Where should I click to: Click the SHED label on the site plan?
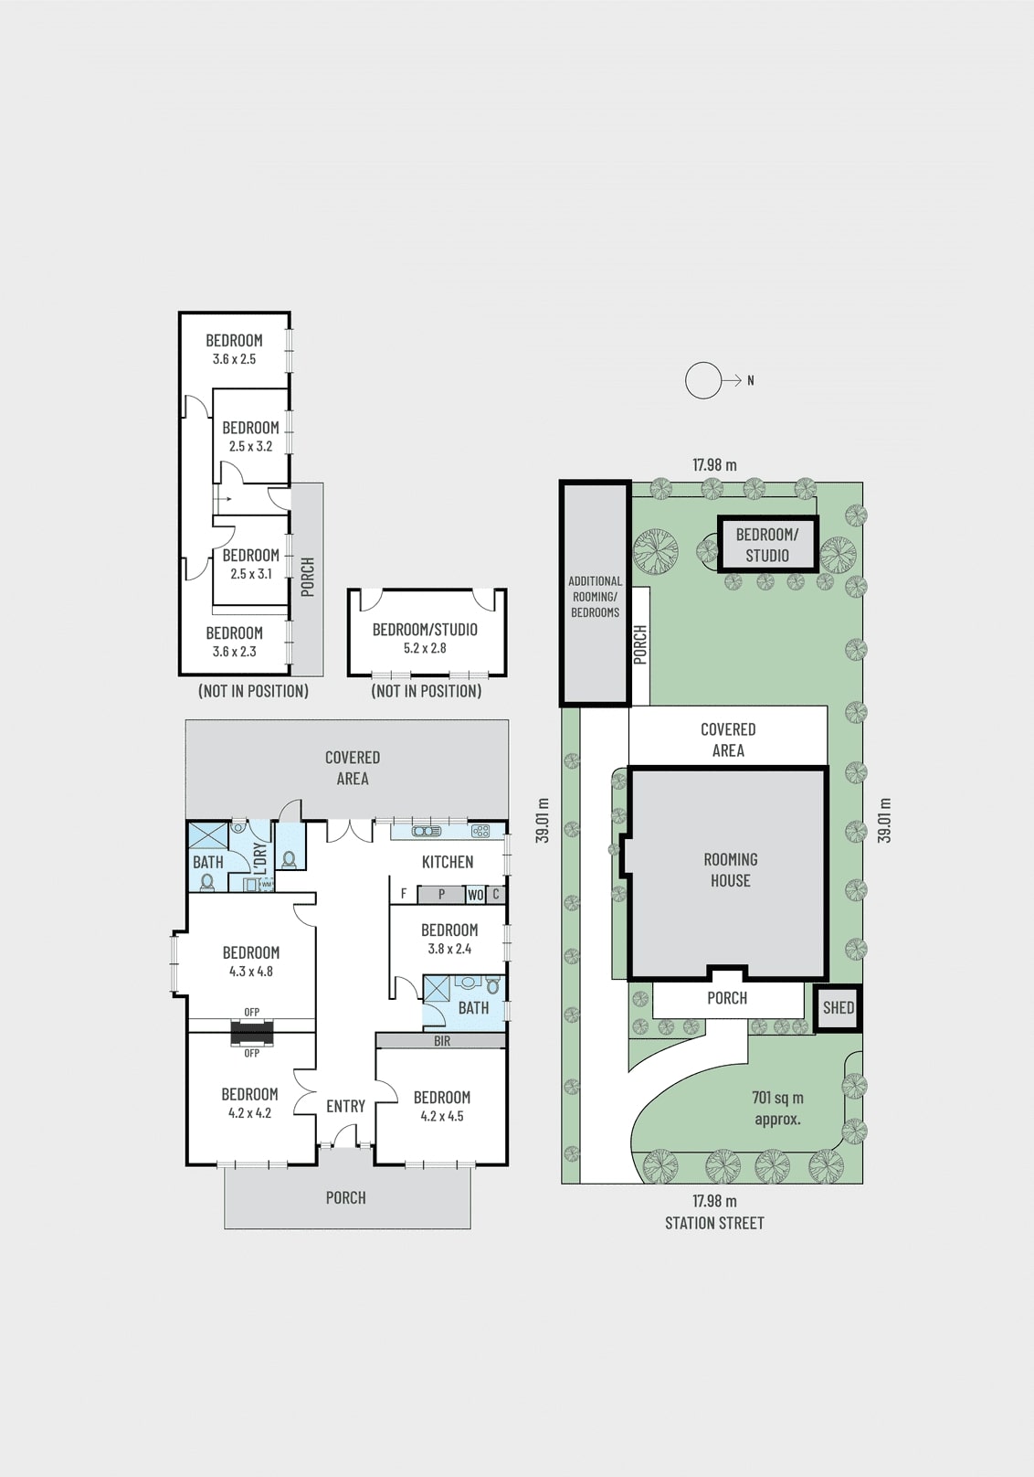839,1007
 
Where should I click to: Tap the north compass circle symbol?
703,380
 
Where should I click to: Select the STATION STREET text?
714,1223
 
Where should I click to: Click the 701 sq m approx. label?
777,1108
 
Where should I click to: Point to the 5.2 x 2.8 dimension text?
425,648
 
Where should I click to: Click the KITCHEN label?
448,862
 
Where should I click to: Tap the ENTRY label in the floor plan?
345,1106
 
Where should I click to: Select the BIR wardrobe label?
442,1041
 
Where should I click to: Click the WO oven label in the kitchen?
476,895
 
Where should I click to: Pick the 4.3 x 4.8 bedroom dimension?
251,972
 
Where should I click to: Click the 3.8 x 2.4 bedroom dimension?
449,949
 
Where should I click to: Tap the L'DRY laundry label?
259,859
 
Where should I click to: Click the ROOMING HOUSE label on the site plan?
730,870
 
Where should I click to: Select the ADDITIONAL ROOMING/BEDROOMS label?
595,596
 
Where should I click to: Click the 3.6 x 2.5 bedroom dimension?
234,359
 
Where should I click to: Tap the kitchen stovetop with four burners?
480,832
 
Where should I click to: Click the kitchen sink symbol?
427,832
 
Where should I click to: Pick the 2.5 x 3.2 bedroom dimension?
250,446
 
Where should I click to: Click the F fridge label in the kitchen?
404,895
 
